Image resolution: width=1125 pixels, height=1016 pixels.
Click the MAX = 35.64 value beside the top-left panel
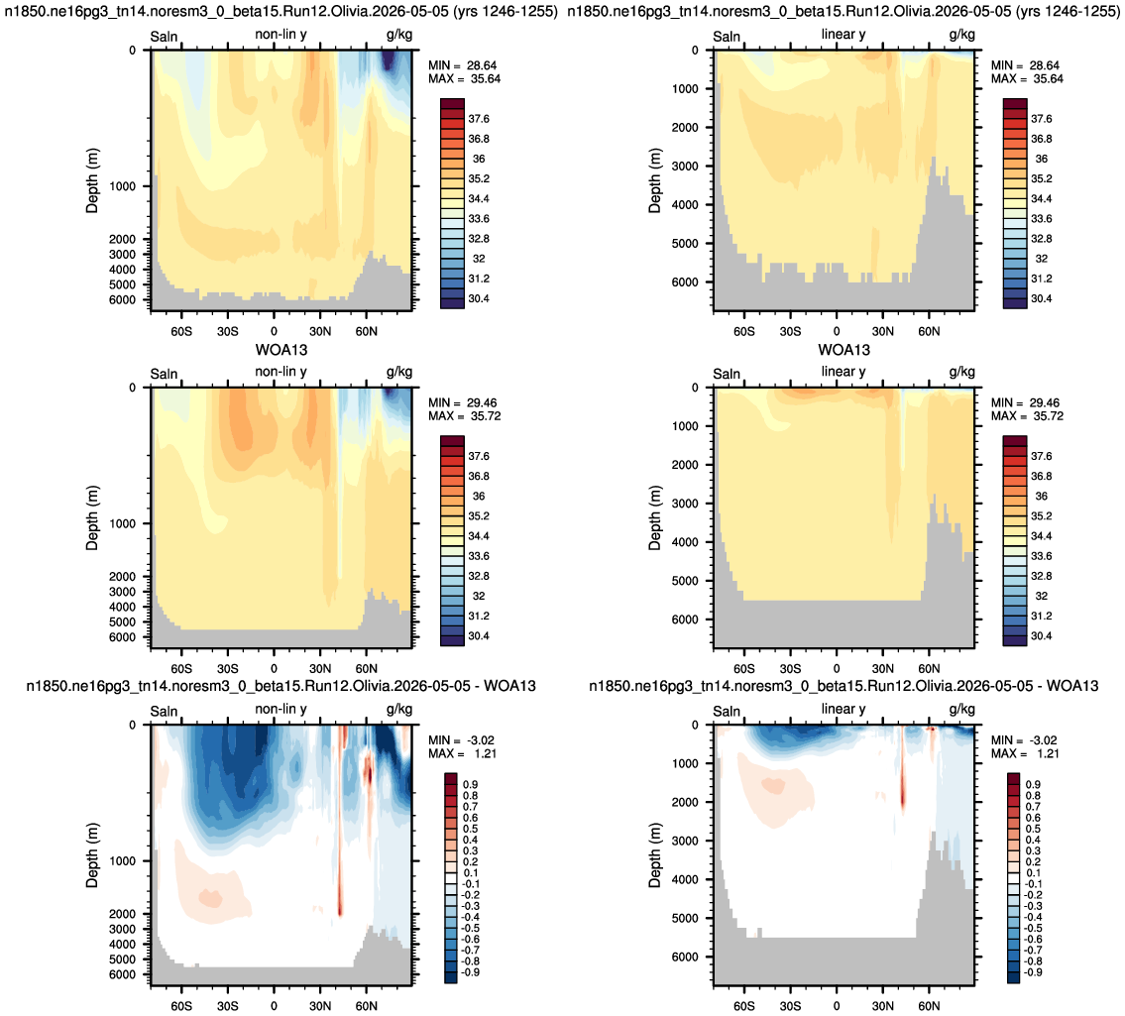[x=464, y=79]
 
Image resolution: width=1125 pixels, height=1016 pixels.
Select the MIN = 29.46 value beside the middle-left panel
[x=463, y=403]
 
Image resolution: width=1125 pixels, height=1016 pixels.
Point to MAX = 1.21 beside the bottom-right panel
[x=1025, y=753]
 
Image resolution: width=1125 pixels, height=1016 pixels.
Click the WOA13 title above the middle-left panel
[x=281, y=350]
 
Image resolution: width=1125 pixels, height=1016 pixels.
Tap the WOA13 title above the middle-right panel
[x=844, y=350]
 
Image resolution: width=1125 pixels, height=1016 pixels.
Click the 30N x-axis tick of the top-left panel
[x=320, y=331]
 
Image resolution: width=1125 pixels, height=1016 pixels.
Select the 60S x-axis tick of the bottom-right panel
[x=744, y=1006]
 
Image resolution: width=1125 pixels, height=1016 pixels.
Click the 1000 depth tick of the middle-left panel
[x=122, y=523]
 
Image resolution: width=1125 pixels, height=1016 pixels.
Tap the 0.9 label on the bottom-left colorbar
[x=471, y=784]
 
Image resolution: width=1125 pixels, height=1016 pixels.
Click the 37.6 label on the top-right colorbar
[x=1041, y=119]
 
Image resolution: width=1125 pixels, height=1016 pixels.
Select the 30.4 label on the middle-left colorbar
[x=479, y=635]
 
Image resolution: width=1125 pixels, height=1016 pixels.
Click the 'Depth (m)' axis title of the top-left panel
[x=92, y=180]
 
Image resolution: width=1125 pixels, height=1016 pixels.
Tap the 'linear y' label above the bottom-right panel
[x=844, y=709]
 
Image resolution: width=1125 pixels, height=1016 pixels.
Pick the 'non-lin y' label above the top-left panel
[x=281, y=35]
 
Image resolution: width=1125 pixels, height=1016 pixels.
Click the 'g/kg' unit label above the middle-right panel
[x=962, y=373]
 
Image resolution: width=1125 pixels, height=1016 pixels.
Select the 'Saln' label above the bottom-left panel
[x=164, y=712]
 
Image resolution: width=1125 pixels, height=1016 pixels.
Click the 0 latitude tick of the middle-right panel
[x=837, y=669]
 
